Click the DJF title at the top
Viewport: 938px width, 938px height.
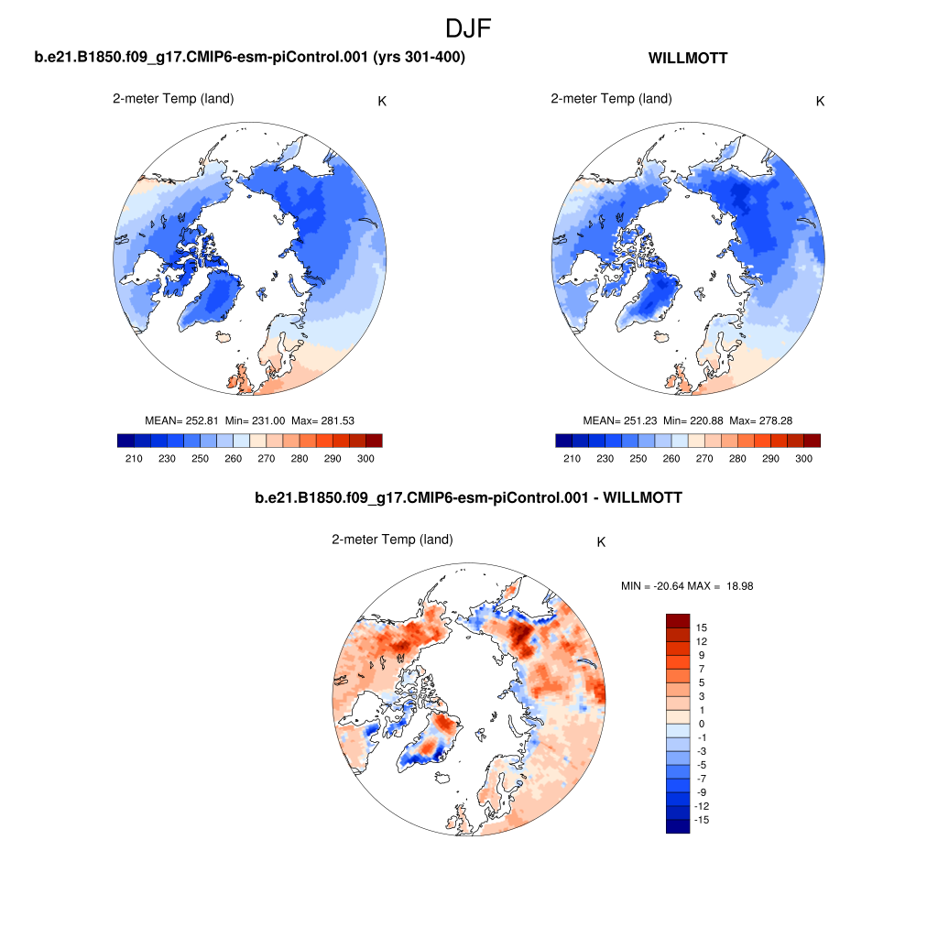pyautogui.click(x=468, y=28)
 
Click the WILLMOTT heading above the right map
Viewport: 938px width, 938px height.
pyautogui.click(x=688, y=59)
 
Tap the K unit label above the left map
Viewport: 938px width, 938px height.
pyautogui.click(x=382, y=101)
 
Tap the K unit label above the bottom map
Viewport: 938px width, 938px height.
pyautogui.click(x=601, y=542)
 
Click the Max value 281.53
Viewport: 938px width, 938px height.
pyautogui.click(x=334, y=420)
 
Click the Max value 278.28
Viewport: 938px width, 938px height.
pyautogui.click(x=772, y=420)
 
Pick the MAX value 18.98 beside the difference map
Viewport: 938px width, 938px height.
pyautogui.click(x=736, y=586)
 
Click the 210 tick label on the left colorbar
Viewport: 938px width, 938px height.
pyautogui.click(x=135, y=458)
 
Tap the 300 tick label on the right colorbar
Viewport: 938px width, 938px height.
pyautogui.click(x=803, y=458)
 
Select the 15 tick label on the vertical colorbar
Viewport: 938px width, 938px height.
pyautogui.click(x=702, y=627)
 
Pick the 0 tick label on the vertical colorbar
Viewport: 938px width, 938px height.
pyautogui.click(x=701, y=724)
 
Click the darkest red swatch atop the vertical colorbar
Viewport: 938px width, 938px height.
pyautogui.click(x=677, y=620)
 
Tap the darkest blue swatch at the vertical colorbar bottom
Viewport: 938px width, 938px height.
pyautogui.click(x=677, y=826)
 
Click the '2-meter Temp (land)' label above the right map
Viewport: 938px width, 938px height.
pyautogui.click(x=611, y=99)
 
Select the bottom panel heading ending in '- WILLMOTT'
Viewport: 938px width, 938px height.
pyautogui.click(x=468, y=497)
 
